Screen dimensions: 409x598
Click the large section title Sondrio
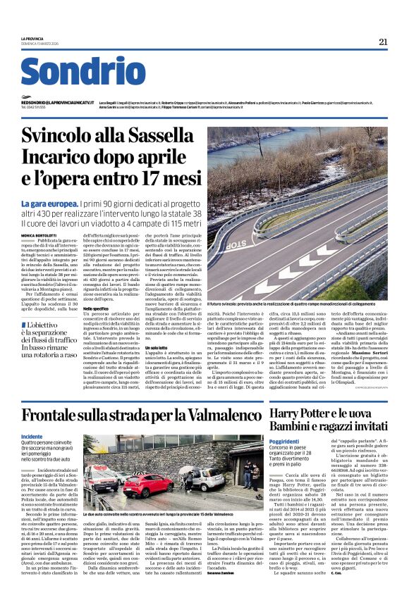[83, 73]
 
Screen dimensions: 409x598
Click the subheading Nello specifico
[96, 309]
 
